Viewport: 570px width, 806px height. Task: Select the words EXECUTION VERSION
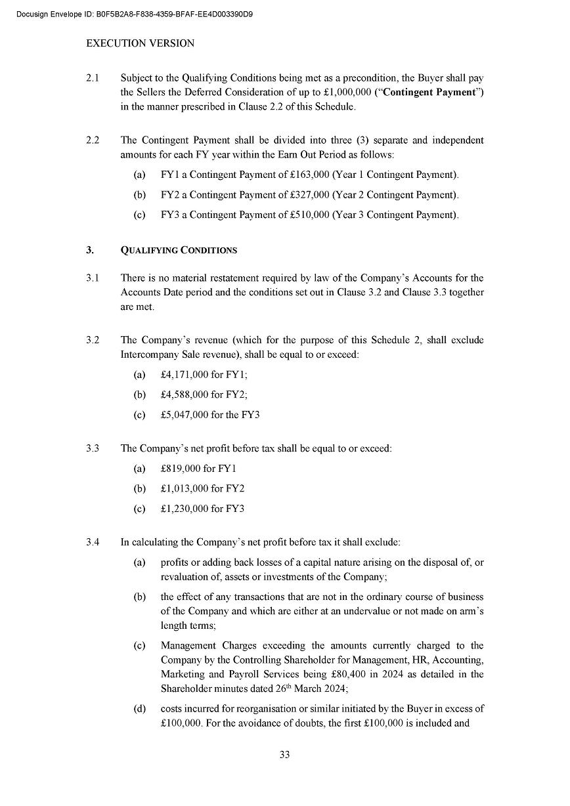pyautogui.click(x=141, y=44)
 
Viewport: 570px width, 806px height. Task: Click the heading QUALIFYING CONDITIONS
pyautogui.click(x=179, y=250)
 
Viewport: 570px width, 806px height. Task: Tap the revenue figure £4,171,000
pyautogui.click(x=185, y=375)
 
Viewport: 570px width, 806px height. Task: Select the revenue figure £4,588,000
pyautogui.click(x=185, y=394)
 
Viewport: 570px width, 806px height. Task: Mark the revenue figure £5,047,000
pyautogui.click(x=185, y=415)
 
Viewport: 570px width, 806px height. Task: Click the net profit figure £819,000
pyautogui.click(x=181, y=469)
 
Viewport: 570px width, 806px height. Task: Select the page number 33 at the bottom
pyautogui.click(x=284, y=755)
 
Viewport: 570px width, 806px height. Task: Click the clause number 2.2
pyautogui.click(x=93, y=140)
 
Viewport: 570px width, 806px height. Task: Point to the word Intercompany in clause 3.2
pyautogui.click(x=150, y=354)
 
